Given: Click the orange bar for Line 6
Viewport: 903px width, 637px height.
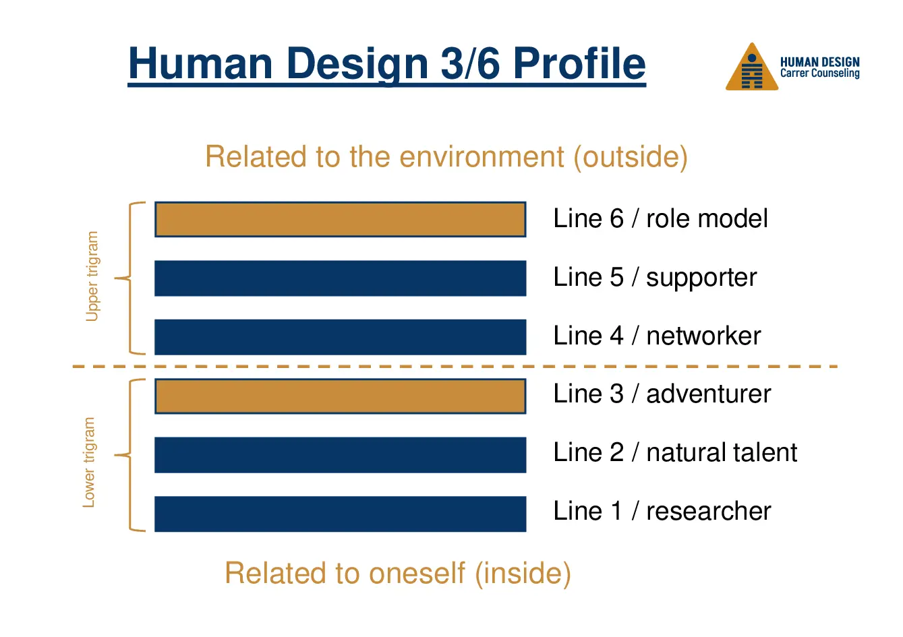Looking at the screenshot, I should click(x=340, y=219).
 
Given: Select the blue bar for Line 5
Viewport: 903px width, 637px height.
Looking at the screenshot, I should click(x=340, y=278).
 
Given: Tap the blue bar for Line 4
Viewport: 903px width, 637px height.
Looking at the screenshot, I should click(x=340, y=336).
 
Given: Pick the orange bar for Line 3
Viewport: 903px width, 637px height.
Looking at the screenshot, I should click(x=340, y=396).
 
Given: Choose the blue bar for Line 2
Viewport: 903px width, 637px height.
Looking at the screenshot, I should click(x=340, y=454).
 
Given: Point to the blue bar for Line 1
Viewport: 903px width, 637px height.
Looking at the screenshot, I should click(x=340, y=514).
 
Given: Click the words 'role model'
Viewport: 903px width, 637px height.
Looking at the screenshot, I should click(x=707, y=218).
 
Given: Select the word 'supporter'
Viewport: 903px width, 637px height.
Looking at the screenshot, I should click(x=701, y=278).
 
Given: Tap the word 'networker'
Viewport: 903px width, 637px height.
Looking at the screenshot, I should click(x=703, y=336).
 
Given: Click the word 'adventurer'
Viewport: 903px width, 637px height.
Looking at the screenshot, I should click(x=708, y=394).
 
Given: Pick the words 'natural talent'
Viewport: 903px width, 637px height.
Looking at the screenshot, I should click(x=722, y=452).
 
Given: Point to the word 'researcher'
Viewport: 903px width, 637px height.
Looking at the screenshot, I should click(x=708, y=511).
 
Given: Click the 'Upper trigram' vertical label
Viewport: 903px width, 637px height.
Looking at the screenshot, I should click(x=92, y=276).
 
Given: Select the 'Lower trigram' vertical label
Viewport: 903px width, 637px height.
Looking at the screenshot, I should click(x=89, y=462).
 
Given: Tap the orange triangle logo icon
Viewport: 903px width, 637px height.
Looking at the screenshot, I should click(x=752, y=69).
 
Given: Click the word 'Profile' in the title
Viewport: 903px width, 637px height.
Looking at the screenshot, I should click(x=579, y=63).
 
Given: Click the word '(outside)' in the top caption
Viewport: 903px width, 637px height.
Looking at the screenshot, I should click(x=631, y=157).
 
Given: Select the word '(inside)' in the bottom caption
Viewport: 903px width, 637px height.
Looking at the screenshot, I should click(x=523, y=574).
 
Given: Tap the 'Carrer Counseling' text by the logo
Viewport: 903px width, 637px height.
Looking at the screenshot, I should click(x=819, y=73).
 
